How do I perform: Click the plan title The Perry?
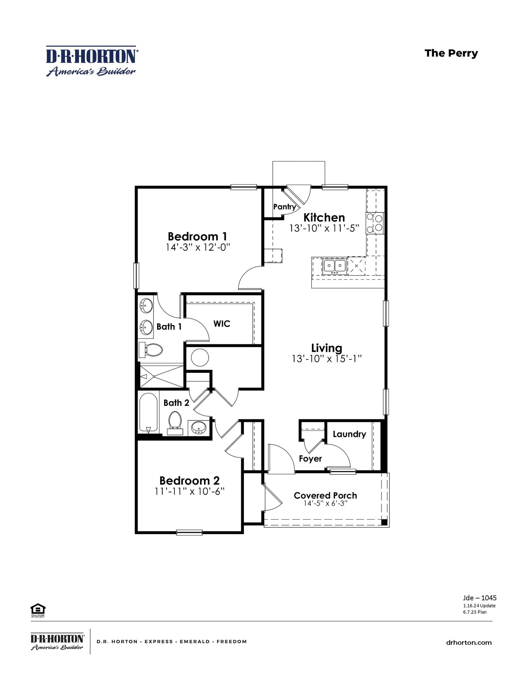click(451, 53)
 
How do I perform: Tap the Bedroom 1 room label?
click(197, 236)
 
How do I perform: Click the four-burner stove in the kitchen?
click(375, 223)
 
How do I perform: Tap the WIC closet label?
click(221, 324)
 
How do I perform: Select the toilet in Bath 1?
click(151, 350)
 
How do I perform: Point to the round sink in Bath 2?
click(199, 428)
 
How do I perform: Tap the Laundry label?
click(349, 434)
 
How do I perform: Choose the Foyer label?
click(310, 458)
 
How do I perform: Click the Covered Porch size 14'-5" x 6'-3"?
click(325, 503)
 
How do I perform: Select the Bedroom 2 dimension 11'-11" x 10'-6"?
click(189, 492)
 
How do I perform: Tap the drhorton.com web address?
click(469, 643)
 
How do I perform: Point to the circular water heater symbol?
click(200, 358)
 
